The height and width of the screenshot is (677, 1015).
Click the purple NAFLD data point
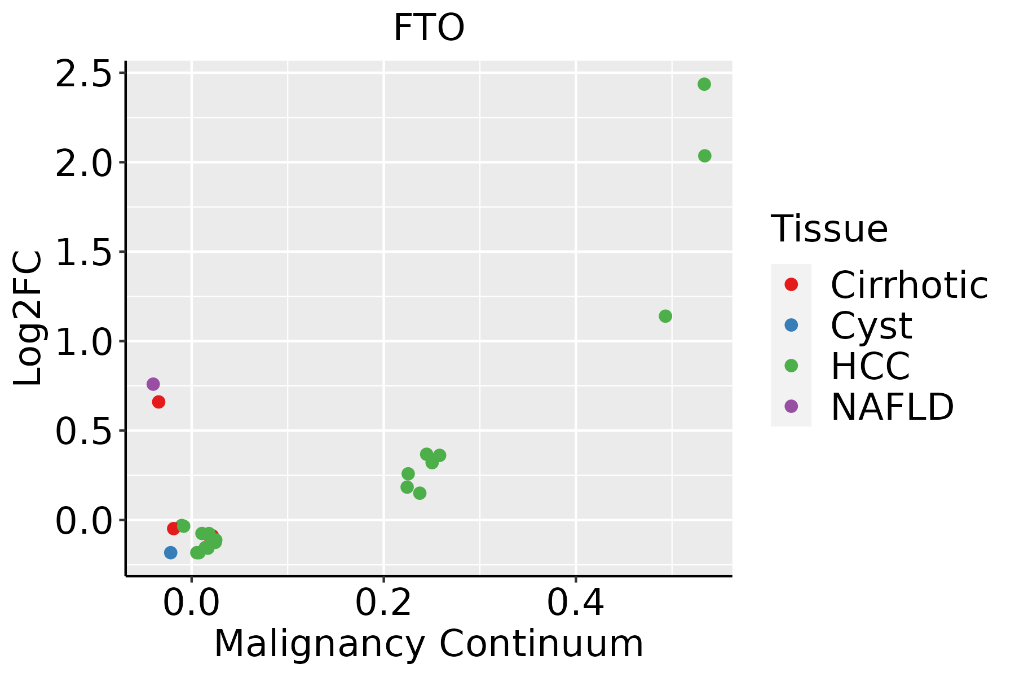pyautogui.click(x=153, y=384)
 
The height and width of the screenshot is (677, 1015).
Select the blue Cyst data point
pyautogui.click(x=171, y=552)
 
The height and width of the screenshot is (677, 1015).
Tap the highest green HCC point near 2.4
pyautogui.click(x=704, y=84)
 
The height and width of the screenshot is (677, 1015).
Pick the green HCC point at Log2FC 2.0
pyautogui.click(x=705, y=156)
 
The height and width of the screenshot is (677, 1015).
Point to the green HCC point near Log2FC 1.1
pyautogui.click(x=665, y=316)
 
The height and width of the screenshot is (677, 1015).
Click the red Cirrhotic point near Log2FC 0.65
pyautogui.click(x=158, y=402)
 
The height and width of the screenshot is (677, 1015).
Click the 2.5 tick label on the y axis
pyautogui.click(x=83, y=74)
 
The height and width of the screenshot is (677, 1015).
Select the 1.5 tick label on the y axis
pyautogui.click(x=83, y=252)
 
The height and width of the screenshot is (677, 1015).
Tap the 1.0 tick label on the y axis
pyautogui.click(x=83, y=342)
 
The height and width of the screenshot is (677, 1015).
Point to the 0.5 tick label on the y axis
pyautogui.click(x=83, y=432)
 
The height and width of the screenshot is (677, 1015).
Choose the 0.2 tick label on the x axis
pyautogui.click(x=383, y=603)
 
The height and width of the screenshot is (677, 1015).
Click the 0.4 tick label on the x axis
pyautogui.click(x=576, y=603)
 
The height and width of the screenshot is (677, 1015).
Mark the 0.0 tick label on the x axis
pyautogui.click(x=191, y=603)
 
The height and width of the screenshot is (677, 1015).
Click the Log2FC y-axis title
pyautogui.click(x=28, y=319)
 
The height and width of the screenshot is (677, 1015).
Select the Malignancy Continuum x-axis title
pyautogui.click(x=429, y=644)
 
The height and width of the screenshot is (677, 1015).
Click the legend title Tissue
pyautogui.click(x=829, y=229)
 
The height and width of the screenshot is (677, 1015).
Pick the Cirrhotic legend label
pyautogui.click(x=909, y=285)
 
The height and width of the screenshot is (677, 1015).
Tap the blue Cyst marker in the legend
pyautogui.click(x=791, y=325)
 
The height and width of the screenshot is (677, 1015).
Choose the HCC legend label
pyautogui.click(x=870, y=366)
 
